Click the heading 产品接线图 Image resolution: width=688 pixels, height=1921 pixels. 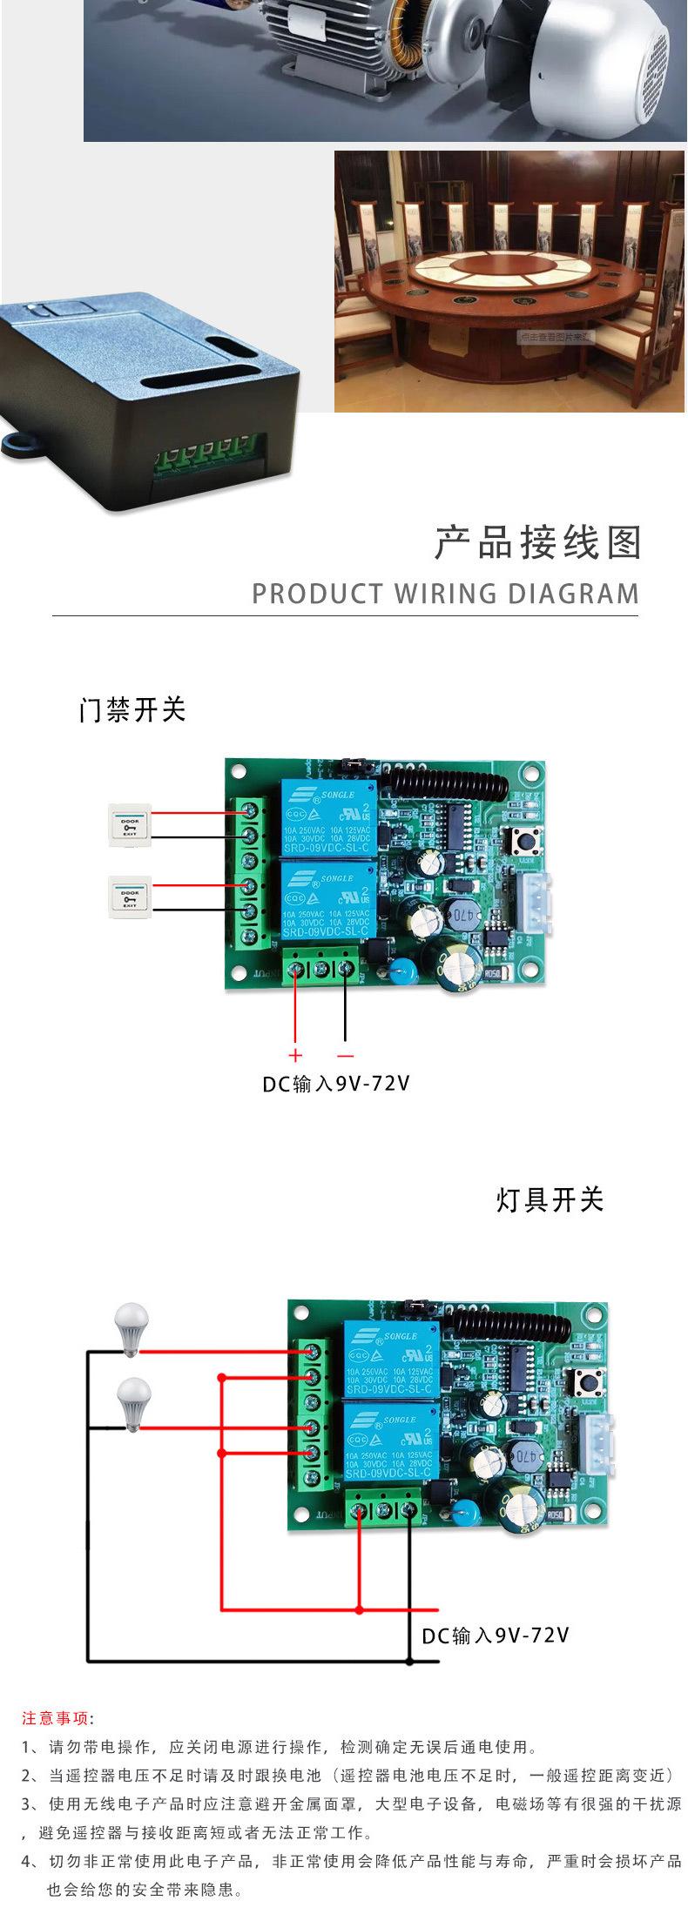pyautogui.click(x=536, y=542)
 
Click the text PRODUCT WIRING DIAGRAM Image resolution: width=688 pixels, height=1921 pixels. pyautogui.click(x=445, y=594)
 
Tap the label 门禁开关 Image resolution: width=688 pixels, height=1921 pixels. pyautogui.click(x=132, y=710)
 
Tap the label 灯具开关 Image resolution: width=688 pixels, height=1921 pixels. pyautogui.click(x=550, y=1200)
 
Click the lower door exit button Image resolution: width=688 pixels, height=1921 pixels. pyautogui.click(x=129, y=898)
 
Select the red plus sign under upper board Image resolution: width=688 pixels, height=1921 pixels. pyautogui.click(x=294, y=1056)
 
